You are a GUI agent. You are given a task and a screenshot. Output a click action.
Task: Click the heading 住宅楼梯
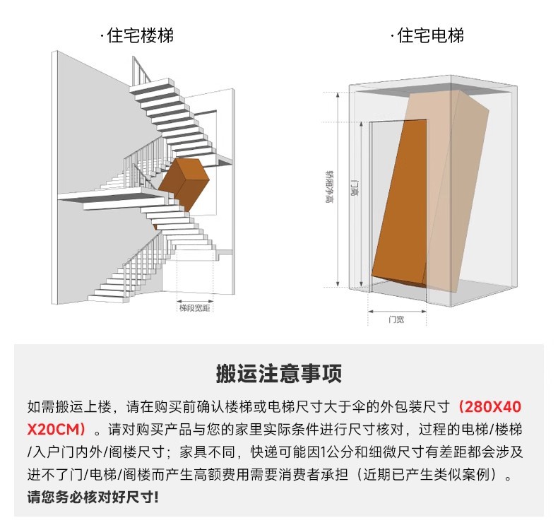tap(141, 35)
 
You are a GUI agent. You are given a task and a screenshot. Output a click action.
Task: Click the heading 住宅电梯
tap(431, 35)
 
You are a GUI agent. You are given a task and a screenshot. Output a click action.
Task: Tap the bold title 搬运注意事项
tap(279, 373)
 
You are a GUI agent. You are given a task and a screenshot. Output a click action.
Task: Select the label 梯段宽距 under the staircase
tap(195, 308)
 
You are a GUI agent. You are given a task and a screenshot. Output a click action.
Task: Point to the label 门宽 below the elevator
tap(396, 319)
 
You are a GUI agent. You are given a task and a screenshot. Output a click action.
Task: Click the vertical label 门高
tap(355, 189)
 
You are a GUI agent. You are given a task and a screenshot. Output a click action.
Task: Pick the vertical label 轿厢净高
tap(330, 187)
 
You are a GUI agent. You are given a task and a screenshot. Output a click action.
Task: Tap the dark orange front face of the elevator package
tap(399, 201)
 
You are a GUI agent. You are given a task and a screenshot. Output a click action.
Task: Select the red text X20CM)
tap(57, 429)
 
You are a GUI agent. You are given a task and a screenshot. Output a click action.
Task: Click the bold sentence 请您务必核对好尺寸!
tap(93, 497)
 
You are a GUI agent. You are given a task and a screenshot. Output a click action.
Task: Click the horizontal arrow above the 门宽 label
tap(397, 312)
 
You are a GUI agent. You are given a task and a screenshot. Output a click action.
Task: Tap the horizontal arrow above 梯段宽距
tap(195, 301)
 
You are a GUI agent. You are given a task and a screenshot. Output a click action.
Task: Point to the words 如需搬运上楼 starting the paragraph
tap(69, 407)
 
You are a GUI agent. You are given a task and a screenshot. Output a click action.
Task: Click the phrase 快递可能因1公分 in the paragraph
tap(302, 452)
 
